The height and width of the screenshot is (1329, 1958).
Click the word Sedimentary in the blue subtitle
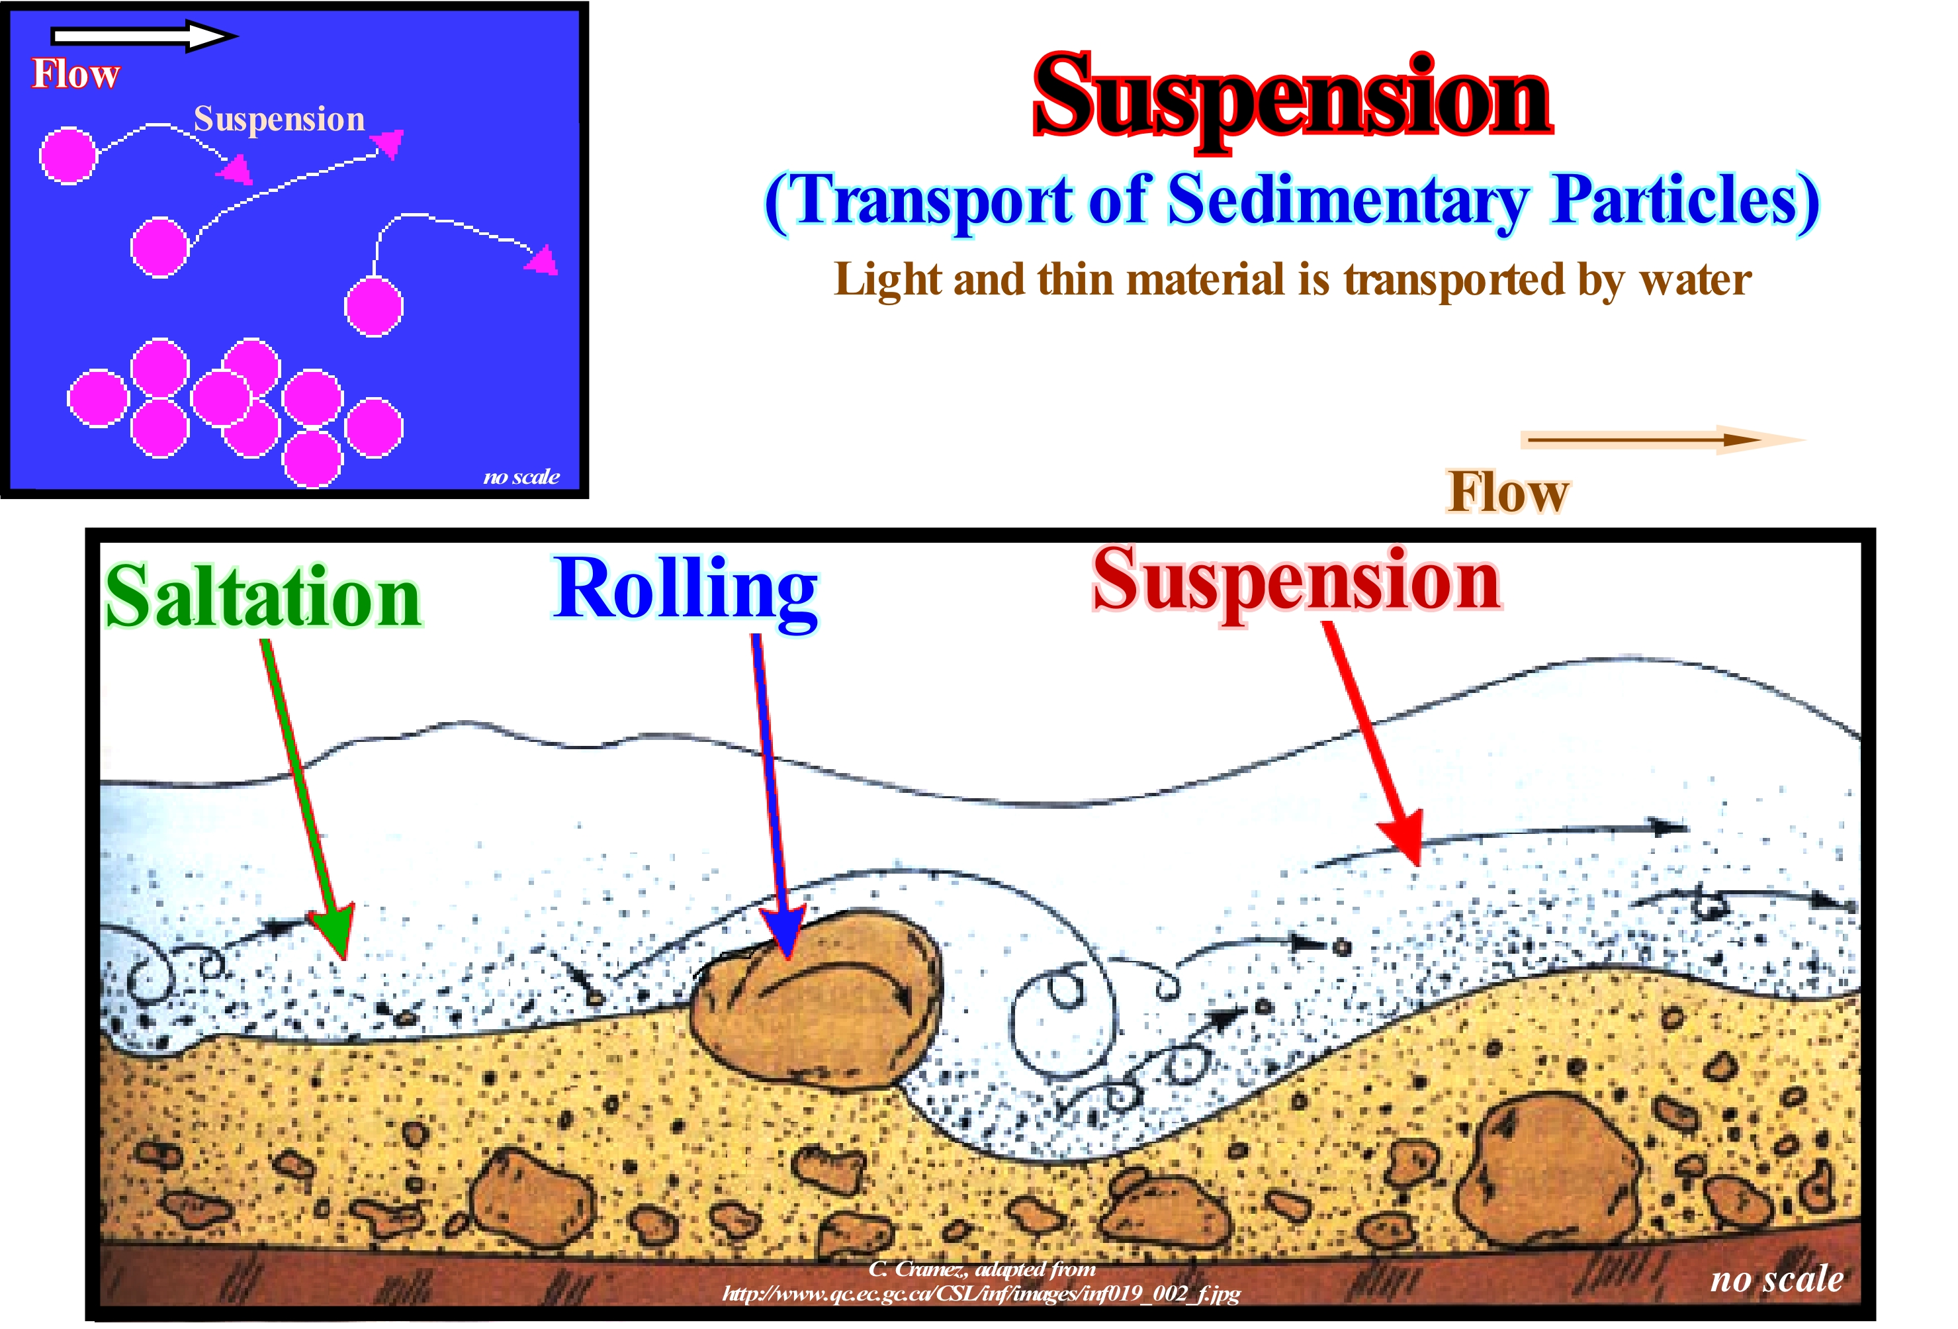[1347, 201]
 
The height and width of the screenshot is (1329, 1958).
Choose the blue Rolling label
[684, 590]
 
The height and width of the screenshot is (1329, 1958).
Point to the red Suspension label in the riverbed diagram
[1296, 582]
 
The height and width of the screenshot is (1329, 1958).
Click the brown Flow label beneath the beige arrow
[1507, 492]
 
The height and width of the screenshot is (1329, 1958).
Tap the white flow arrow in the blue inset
[143, 35]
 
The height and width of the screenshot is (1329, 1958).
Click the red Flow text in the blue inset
[76, 74]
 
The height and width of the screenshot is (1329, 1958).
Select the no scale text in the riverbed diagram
[1776, 1279]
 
